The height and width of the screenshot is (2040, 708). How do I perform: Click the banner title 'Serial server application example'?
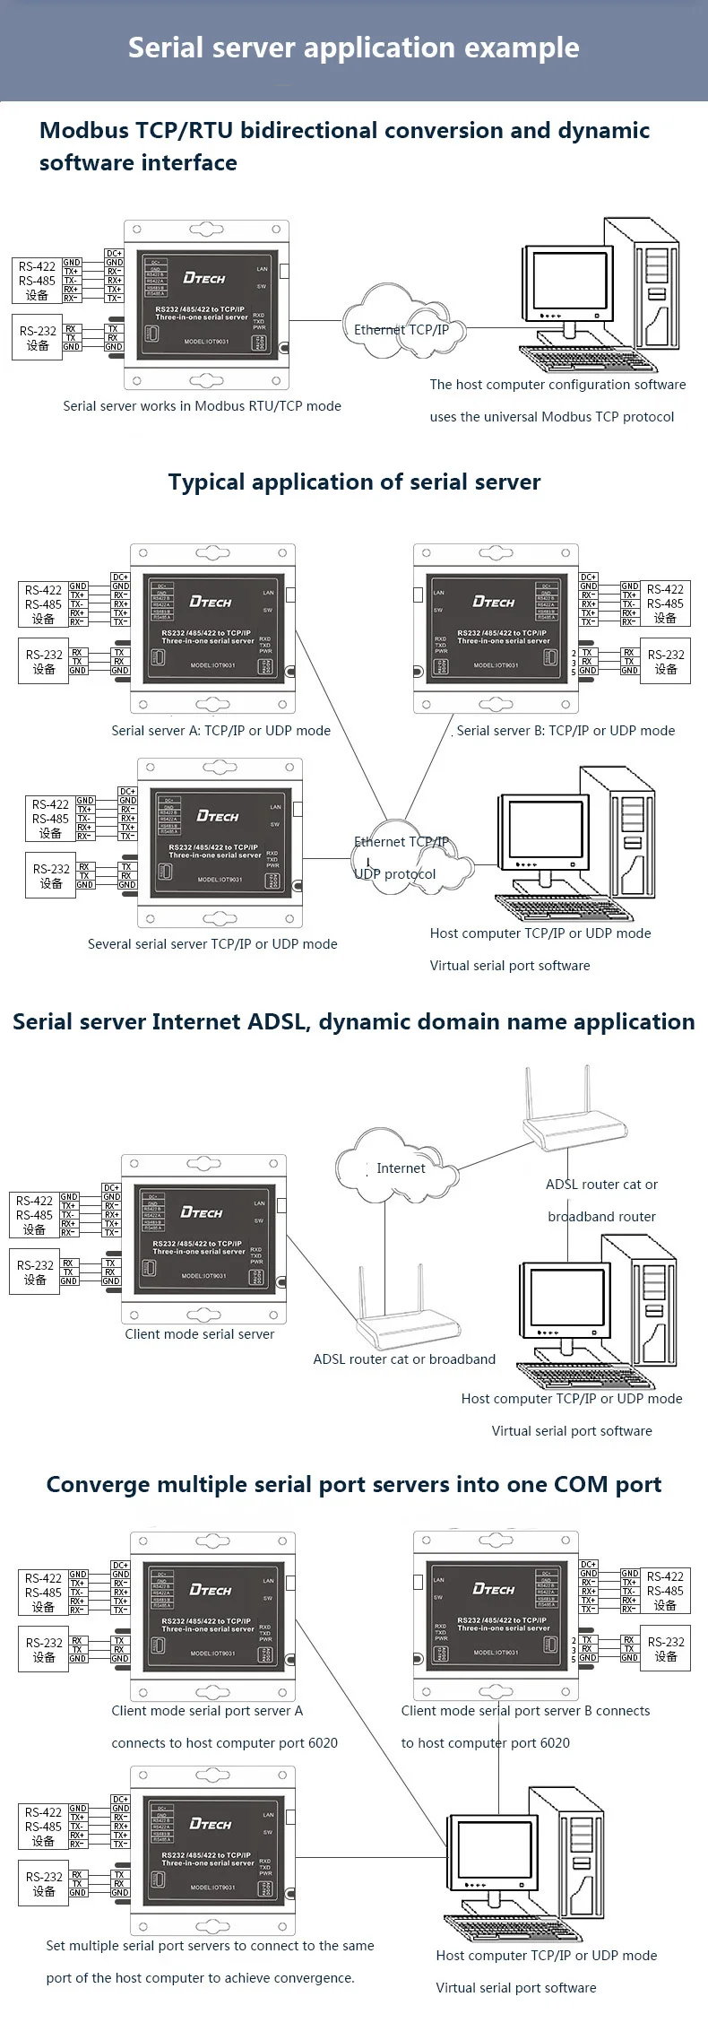click(353, 48)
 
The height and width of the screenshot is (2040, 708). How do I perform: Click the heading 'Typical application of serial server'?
click(354, 482)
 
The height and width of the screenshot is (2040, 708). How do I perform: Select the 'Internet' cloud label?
click(400, 1168)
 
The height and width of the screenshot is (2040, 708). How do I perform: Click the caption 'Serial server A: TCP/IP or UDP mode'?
click(220, 731)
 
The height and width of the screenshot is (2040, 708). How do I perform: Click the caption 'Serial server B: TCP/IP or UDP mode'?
click(566, 731)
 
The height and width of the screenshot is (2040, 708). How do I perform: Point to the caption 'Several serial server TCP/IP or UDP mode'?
click(212, 944)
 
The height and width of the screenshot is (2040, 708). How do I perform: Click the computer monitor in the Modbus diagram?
click(564, 282)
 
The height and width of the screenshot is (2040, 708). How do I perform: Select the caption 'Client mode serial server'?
click(200, 1334)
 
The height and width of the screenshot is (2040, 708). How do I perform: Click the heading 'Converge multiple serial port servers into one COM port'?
click(354, 1485)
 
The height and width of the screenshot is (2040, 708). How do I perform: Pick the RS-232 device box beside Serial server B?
click(666, 662)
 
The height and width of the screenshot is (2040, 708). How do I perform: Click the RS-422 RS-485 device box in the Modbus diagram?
click(37, 281)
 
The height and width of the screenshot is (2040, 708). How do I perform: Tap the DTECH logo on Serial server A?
click(211, 602)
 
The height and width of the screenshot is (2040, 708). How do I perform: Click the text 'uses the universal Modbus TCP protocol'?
click(552, 417)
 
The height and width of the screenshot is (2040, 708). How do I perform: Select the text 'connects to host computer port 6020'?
click(224, 1743)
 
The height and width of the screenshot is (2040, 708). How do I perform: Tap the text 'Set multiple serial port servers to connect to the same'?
click(210, 1946)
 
